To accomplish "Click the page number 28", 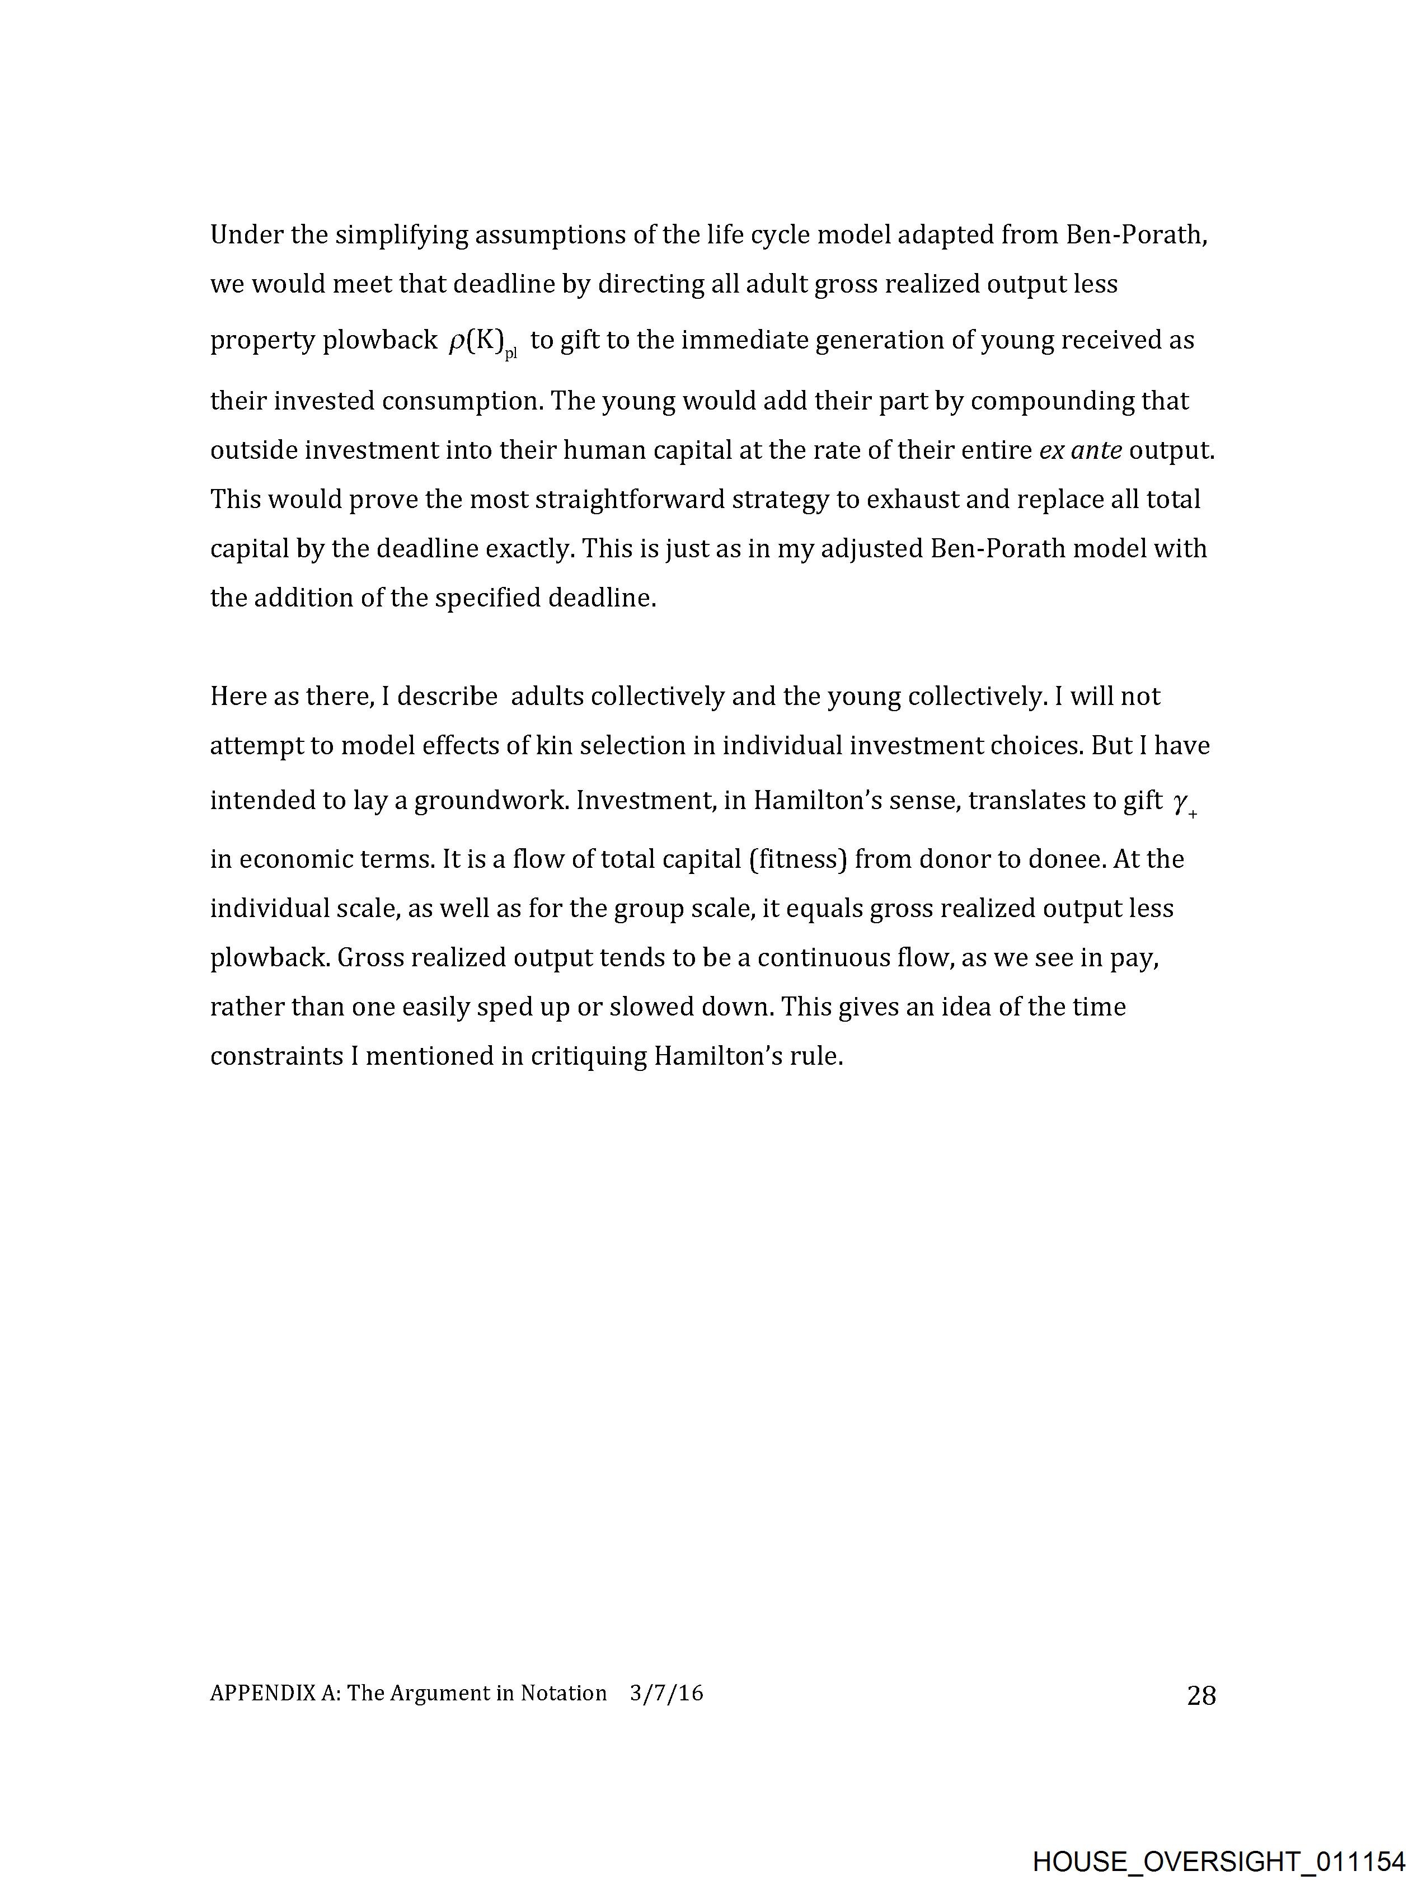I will point(1200,1696).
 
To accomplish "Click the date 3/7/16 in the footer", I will point(666,1693).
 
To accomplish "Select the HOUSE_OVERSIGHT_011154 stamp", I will point(1218,1861).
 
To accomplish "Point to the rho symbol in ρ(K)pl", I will point(457,341).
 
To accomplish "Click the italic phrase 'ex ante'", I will point(1080,450).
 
